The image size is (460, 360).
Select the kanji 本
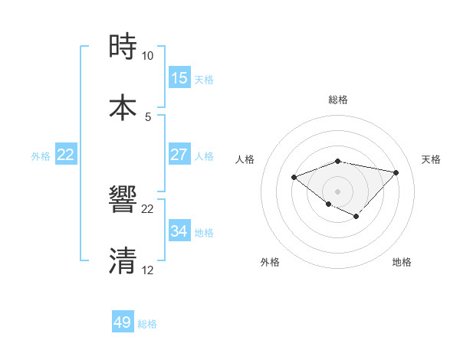click(123, 107)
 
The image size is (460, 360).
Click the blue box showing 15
click(179, 78)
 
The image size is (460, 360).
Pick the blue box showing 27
click(179, 155)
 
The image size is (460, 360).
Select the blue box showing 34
click(179, 231)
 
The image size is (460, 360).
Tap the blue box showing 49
click(123, 322)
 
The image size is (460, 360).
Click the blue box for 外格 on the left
click(66, 155)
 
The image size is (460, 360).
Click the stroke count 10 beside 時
click(147, 56)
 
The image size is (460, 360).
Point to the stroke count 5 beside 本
click(147, 116)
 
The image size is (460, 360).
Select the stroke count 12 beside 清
click(147, 270)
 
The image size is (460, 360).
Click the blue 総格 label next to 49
click(147, 324)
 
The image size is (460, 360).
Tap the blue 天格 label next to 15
click(204, 80)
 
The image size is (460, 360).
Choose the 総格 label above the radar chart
click(338, 100)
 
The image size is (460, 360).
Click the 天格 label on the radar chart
click(432, 159)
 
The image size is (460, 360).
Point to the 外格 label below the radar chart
click(270, 262)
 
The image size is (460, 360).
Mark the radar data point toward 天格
click(396, 172)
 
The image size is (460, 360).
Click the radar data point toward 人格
click(294, 178)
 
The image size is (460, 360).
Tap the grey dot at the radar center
click(337, 191)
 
